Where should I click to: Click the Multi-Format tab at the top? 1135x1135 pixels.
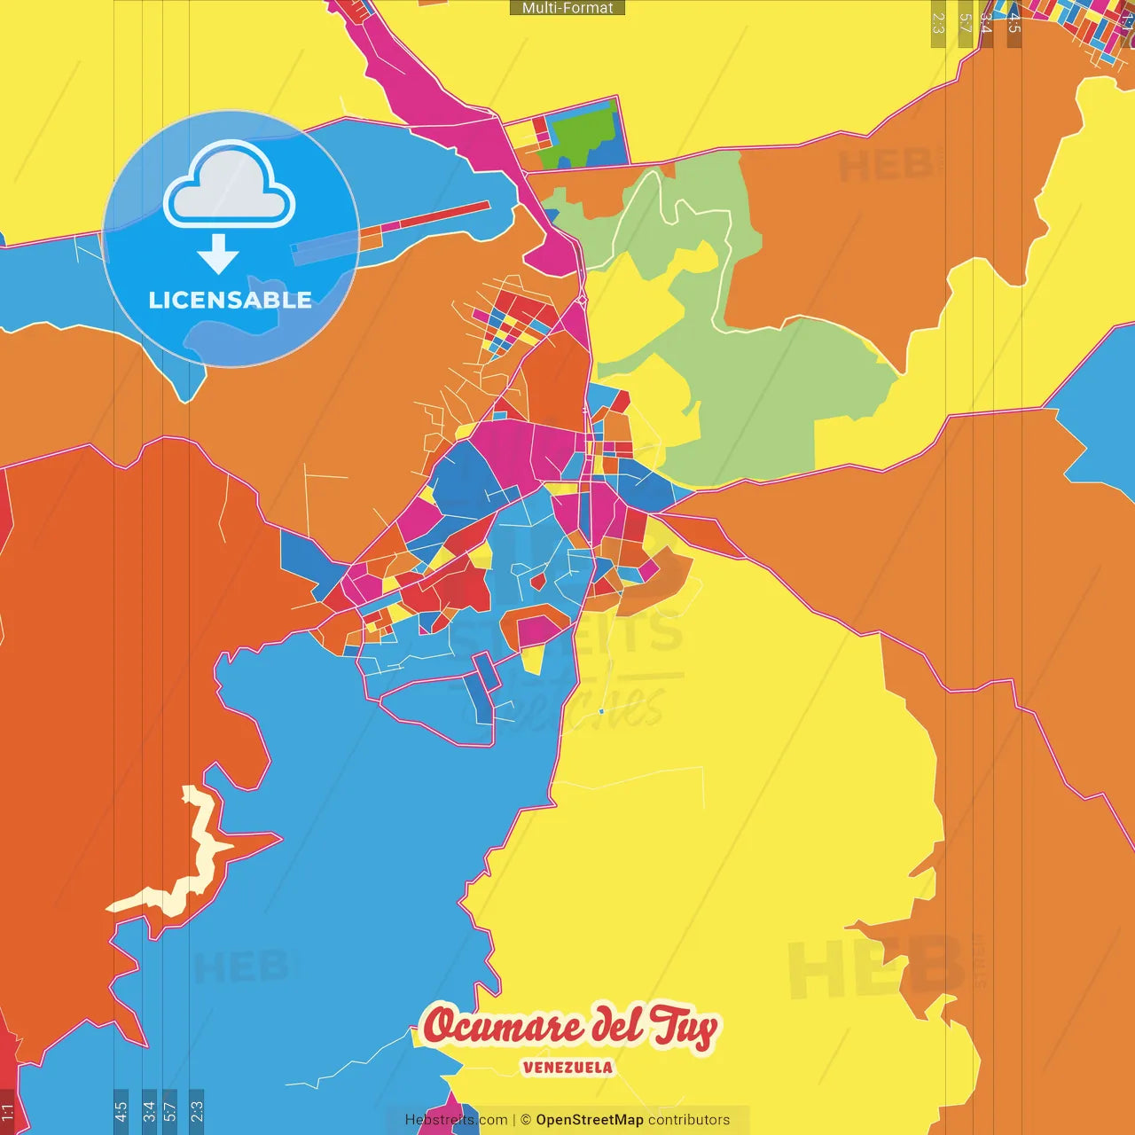pos(567,8)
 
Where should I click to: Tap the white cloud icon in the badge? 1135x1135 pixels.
pos(230,187)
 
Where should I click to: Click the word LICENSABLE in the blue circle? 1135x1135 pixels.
pos(230,300)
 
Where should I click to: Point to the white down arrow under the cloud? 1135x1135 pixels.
pos(218,255)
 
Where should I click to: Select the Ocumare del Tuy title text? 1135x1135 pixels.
pos(568,1027)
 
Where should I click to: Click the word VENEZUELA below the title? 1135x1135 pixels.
pos(567,1068)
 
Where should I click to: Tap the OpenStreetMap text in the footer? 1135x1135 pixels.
pos(589,1120)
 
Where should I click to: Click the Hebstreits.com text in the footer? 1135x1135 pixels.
pos(456,1120)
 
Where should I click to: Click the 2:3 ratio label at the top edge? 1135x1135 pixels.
pos(938,23)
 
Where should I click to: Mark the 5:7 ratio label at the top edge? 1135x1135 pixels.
pos(965,23)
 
